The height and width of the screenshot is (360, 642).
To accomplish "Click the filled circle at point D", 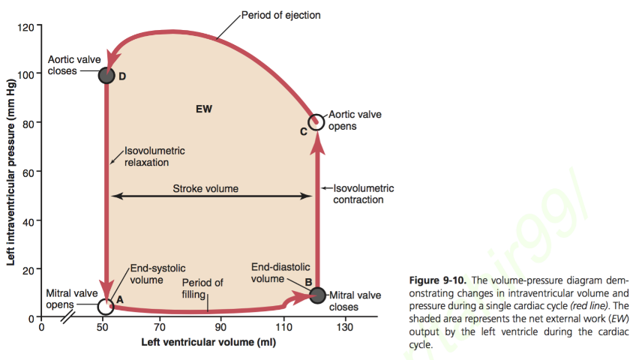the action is (x=106, y=75).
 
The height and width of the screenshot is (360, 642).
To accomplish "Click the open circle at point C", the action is (x=316, y=121).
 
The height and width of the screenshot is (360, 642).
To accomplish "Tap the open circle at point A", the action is (x=106, y=306).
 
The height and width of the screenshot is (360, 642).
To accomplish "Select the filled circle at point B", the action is (x=316, y=295).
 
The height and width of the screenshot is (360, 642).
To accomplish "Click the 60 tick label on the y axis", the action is (x=28, y=173).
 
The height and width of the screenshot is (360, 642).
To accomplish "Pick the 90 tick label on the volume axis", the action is (x=220, y=328).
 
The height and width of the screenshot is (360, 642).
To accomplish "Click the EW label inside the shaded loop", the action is (x=204, y=109).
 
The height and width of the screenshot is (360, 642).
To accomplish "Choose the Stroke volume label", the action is (x=205, y=188).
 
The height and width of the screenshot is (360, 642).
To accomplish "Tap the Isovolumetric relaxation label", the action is (x=154, y=156).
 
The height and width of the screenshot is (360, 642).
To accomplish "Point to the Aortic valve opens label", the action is (x=355, y=121).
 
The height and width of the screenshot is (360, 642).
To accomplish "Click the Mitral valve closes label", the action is (x=354, y=301).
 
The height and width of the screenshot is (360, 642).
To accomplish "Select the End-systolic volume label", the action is (x=157, y=274).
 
